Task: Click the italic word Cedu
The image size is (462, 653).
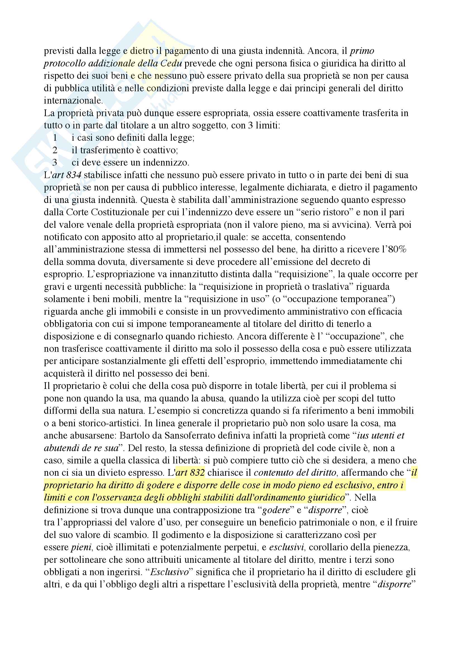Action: coord(171,63)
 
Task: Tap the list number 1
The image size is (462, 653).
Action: coord(55,138)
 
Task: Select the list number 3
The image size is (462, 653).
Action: coord(55,162)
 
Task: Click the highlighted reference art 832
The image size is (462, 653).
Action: coord(190,472)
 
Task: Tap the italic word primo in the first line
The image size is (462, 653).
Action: coord(362,51)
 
